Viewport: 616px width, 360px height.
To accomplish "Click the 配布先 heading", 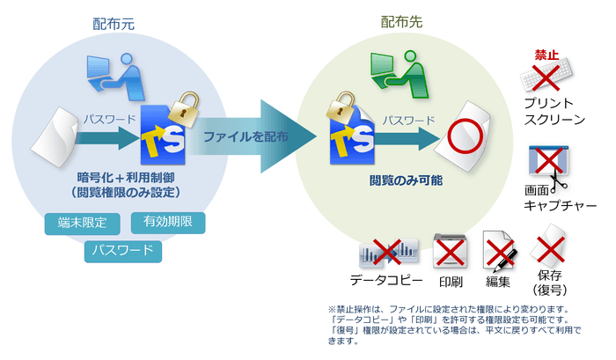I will click(x=401, y=24).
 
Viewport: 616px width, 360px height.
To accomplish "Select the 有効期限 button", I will click(x=168, y=224).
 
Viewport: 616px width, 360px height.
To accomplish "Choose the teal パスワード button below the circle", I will click(x=124, y=252).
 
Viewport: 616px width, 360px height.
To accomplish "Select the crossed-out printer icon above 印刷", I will click(x=450, y=253).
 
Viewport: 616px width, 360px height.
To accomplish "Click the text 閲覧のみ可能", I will click(x=406, y=180).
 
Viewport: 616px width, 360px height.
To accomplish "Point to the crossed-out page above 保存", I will click(x=550, y=246).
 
